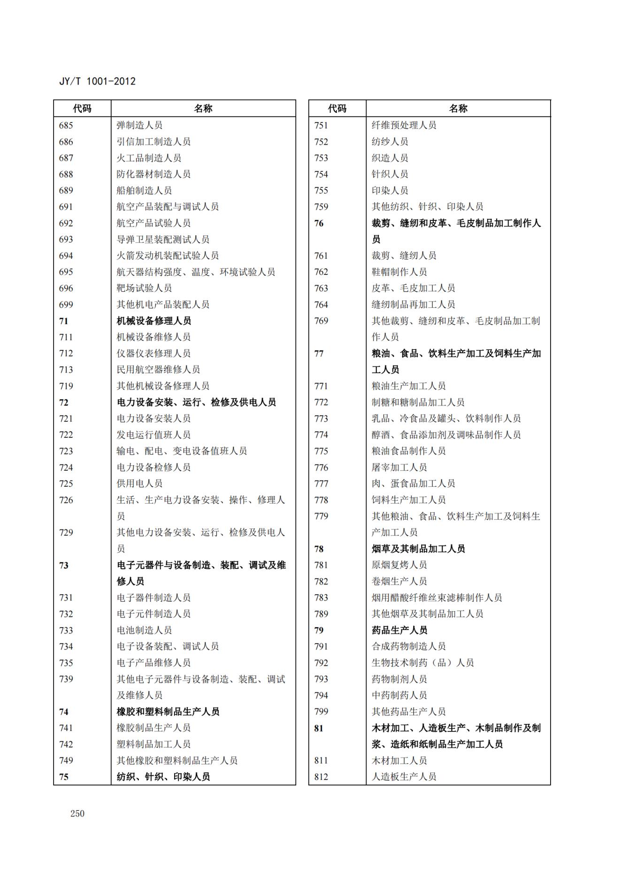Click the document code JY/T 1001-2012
pyautogui.click(x=97, y=81)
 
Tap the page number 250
pyautogui.click(x=77, y=814)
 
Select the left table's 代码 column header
pyautogui.click(x=82, y=109)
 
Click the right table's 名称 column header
pyautogui.click(x=458, y=109)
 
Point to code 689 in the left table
pyautogui.click(x=66, y=190)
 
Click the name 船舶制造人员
pyautogui.click(x=144, y=190)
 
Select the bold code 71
pyautogui.click(x=64, y=321)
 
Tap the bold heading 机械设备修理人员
pyautogui.click(x=154, y=321)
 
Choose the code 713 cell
pyautogui.click(x=66, y=370)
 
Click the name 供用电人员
pyautogui.click(x=139, y=483)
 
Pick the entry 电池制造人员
pyautogui.click(x=144, y=630)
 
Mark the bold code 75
pyautogui.click(x=64, y=777)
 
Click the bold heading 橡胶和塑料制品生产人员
pyautogui.click(x=168, y=712)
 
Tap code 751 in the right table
pyautogui.click(x=321, y=125)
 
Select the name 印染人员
pyautogui.click(x=390, y=190)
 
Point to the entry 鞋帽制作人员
pyautogui.click(x=399, y=272)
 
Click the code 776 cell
pyautogui.click(x=321, y=467)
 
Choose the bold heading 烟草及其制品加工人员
pyautogui.click(x=418, y=549)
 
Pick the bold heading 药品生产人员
pyautogui.click(x=399, y=630)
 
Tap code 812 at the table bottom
pyautogui.click(x=321, y=777)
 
